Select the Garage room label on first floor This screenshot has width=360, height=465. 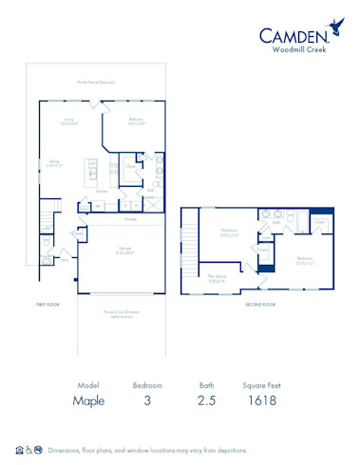coord(124,251)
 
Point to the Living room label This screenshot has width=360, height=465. coord(68,121)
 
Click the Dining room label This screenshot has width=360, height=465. coord(55,162)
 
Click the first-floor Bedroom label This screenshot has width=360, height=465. coord(137,120)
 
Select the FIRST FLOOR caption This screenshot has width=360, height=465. coord(47,305)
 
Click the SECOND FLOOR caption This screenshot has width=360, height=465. coord(260,305)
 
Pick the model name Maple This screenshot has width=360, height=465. coord(88,400)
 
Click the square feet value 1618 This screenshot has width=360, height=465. coord(259,400)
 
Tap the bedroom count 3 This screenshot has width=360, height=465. coord(146,400)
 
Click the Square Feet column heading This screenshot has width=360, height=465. coord(259,385)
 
